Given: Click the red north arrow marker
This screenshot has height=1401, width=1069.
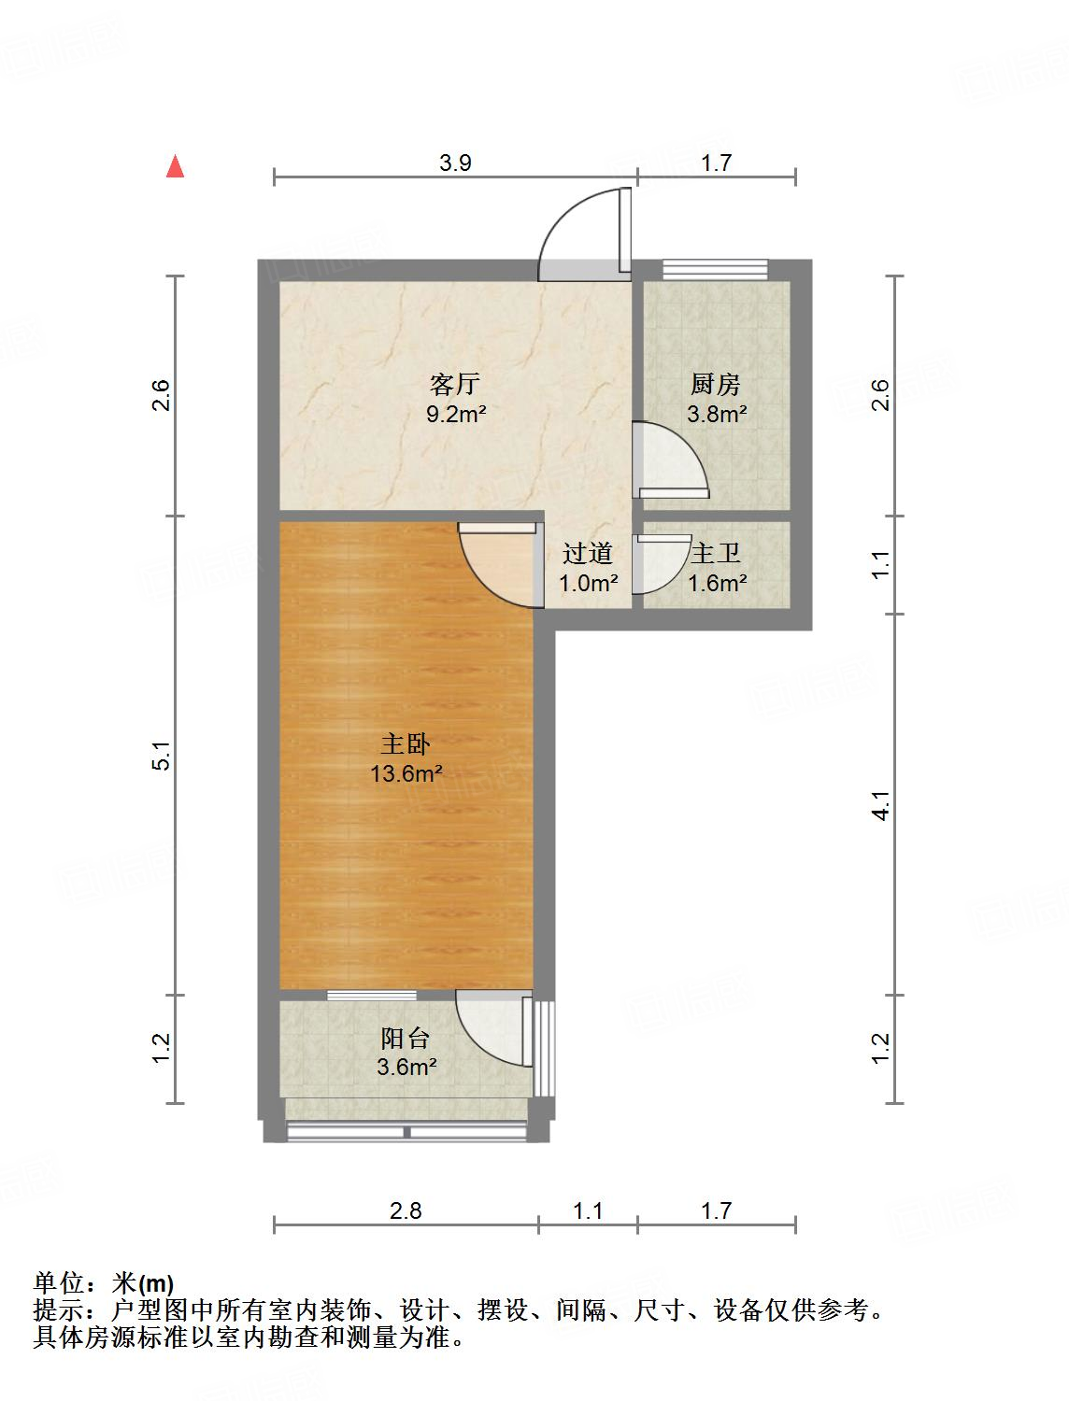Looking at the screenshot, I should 174,166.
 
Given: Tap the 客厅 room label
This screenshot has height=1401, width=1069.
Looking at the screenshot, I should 455,384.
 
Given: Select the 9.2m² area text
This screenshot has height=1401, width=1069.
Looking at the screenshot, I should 456,414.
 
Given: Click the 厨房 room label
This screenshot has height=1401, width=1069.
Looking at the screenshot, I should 716,384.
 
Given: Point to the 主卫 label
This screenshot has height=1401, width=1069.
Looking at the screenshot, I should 716,554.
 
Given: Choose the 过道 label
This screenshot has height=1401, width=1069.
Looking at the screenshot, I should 588,554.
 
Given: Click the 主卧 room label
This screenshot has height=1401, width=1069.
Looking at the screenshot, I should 406,744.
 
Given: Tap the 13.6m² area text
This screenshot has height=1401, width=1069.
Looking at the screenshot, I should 406,773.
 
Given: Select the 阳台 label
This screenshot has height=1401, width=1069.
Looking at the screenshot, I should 406,1038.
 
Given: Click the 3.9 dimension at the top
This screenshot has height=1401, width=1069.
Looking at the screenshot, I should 455,163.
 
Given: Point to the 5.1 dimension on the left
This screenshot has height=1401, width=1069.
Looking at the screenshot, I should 162,755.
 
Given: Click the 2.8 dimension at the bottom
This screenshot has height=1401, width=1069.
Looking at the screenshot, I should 406,1211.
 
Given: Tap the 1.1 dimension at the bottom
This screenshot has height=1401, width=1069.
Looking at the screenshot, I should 588,1211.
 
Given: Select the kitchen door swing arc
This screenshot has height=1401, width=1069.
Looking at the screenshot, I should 670,458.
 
